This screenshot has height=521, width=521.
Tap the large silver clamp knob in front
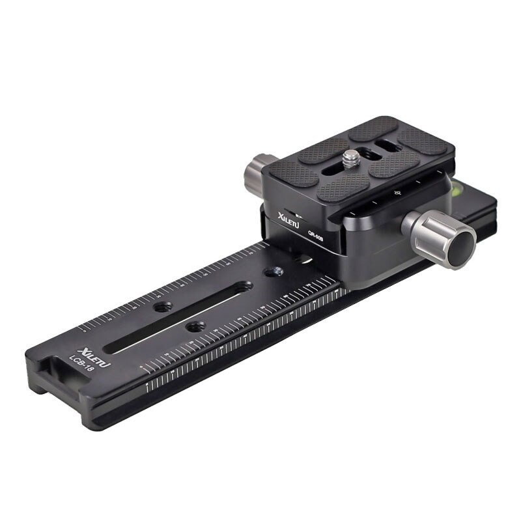[435, 234]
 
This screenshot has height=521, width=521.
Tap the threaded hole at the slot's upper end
[244, 287]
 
